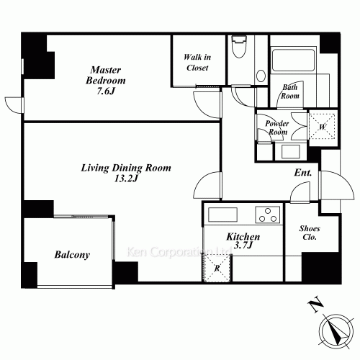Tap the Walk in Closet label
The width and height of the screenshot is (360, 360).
(x=195, y=63)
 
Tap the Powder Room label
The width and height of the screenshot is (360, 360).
(x=278, y=128)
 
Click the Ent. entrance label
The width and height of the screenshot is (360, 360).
(x=302, y=174)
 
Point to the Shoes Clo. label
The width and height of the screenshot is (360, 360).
(x=310, y=233)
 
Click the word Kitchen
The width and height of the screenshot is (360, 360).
(x=243, y=236)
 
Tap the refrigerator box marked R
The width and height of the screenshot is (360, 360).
(x=217, y=269)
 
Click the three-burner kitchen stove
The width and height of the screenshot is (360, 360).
(x=267, y=215)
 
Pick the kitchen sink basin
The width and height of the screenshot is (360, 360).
(x=220, y=215)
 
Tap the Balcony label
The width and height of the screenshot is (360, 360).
(x=72, y=255)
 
